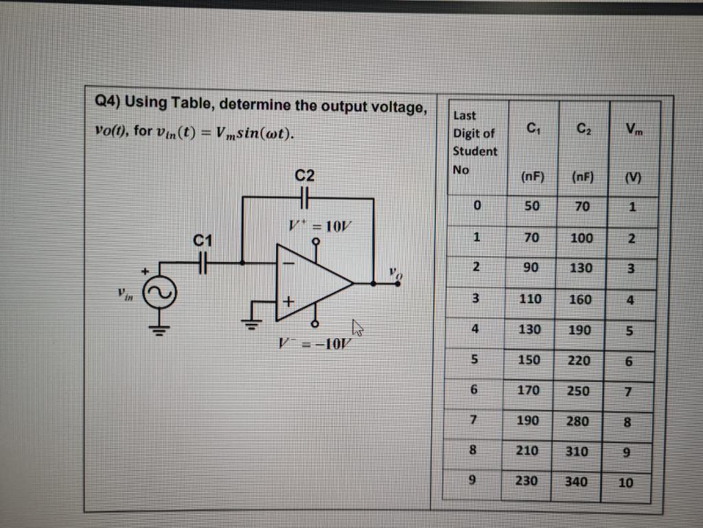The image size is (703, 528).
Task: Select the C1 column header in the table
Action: [x=531, y=127]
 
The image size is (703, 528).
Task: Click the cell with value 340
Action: [x=576, y=481]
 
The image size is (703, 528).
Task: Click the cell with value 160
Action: [x=580, y=298]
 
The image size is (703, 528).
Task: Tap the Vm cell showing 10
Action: [x=625, y=483]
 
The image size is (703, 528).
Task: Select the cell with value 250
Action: [x=577, y=390]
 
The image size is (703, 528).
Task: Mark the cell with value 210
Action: [x=527, y=451]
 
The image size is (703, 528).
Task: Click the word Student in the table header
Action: [x=475, y=151]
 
